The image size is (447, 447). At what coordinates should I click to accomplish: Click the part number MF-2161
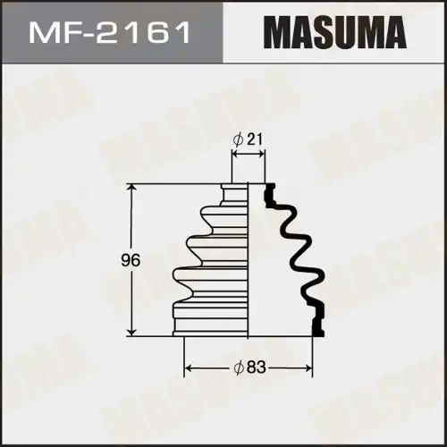[x=111, y=35]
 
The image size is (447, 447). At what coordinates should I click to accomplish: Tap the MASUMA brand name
[x=330, y=35]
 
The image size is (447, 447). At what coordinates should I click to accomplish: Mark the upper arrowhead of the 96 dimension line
[x=133, y=188]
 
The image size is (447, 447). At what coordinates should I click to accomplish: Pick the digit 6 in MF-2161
[x=162, y=35]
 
